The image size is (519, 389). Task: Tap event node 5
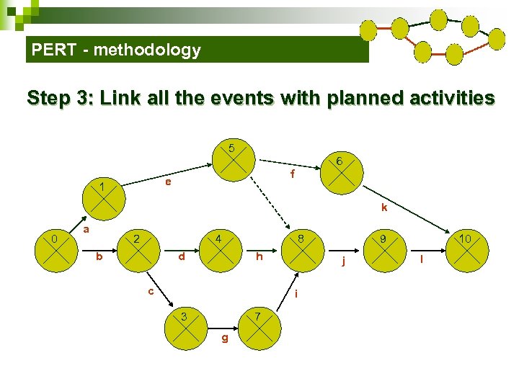pyautogui.click(x=233, y=159)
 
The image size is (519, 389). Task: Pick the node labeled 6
pyautogui.click(x=340, y=171)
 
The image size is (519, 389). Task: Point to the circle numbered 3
pyautogui.click(x=186, y=323)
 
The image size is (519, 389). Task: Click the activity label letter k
pyautogui.click(x=384, y=208)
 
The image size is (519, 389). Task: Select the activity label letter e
pyautogui.click(x=167, y=183)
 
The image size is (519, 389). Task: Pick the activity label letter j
pyautogui.click(x=344, y=261)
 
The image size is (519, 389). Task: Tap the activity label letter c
pyautogui.click(x=150, y=291)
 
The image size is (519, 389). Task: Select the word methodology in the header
pyautogui.click(x=146, y=50)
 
